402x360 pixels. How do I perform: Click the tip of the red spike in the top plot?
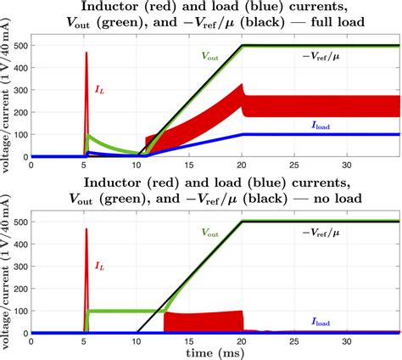point(87,53)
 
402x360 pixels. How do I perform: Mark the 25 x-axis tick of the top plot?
point(293,165)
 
